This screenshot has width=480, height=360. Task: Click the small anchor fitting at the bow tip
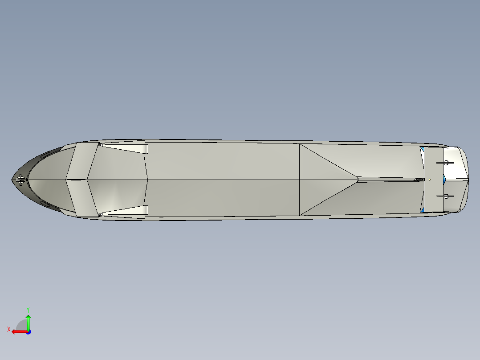click(20, 180)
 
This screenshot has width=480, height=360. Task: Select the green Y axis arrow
click(28, 320)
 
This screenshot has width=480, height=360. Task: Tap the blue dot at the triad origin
click(28, 332)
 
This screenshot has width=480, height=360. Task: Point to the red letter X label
click(8, 329)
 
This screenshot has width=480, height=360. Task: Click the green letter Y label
click(28, 309)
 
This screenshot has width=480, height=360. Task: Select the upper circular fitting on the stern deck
click(445, 163)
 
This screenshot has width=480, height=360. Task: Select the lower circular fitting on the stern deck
click(445, 196)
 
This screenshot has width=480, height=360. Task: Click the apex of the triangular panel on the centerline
click(358, 179)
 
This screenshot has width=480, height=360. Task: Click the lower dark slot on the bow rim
click(47, 205)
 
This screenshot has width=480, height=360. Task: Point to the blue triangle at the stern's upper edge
click(422, 149)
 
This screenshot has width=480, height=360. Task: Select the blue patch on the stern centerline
click(444, 180)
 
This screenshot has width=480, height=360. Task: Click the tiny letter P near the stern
click(430, 180)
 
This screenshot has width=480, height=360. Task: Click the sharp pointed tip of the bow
click(12, 180)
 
